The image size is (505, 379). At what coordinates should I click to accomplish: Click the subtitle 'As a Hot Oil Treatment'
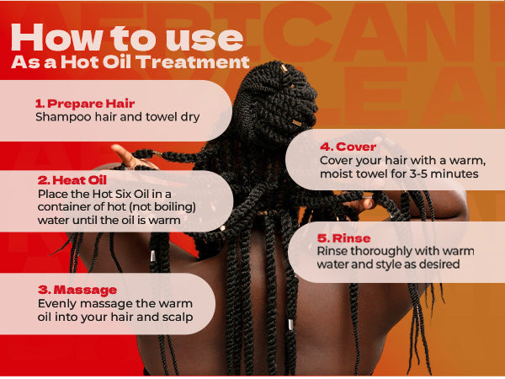[x=130, y=63]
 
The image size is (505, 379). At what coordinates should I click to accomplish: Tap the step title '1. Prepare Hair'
[x=86, y=103]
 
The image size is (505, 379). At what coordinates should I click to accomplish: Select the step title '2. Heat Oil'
[x=73, y=180]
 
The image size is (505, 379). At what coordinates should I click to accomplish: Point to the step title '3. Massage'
[x=74, y=289]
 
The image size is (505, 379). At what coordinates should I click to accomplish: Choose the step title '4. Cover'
[x=348, y=145]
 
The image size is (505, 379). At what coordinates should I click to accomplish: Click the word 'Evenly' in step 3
[x=56, y=303]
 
